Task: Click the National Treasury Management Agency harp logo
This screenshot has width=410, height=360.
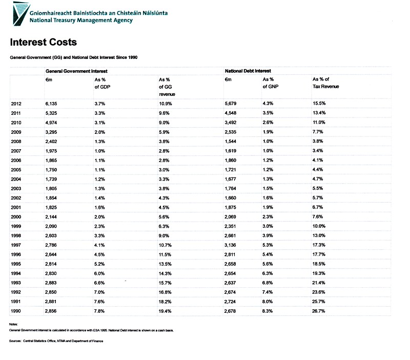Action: coord(21,14)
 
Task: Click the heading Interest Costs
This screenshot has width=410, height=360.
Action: coord(44,42)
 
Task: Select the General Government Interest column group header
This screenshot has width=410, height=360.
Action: coord(76,71)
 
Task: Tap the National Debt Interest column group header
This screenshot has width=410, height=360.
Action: coord(248,71)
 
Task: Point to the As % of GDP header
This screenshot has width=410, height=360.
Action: coord(102,83)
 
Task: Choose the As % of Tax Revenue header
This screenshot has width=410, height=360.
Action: coord(326,83)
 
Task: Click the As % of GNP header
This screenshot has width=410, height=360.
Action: coord(271,83)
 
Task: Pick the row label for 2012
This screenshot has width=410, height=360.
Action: coord(16,104)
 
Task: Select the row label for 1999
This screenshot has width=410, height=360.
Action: coord(16,226)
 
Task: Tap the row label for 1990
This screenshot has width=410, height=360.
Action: coord(16,311)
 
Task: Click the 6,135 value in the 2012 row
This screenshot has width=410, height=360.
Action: coord(51,104)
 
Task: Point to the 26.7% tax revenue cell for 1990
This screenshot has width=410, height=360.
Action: coord(318,311)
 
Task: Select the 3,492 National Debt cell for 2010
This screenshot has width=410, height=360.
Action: coord(230,123)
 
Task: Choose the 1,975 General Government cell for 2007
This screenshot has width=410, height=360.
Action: coord(51,151)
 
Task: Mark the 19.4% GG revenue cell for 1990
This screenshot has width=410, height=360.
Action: coord(165,311)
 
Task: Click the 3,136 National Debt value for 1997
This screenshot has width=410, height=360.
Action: coord(230,245)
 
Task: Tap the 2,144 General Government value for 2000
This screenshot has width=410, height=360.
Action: coord(51,217)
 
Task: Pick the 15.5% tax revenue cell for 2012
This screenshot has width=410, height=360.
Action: coord(319,104)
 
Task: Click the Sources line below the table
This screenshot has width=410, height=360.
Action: coord(56,341)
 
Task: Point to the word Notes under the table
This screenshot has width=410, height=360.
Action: coord(13,325)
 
